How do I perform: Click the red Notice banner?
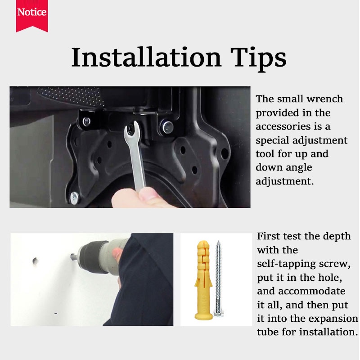[x=32, y=16]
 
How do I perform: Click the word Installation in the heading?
[x=146, y=57]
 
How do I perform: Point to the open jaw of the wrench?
[x=131, y=129]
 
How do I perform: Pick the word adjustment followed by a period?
[x=285, y=182]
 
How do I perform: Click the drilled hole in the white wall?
[x=35, y=261]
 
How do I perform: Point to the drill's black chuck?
[x=93, y=256]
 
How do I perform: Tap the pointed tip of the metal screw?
[x=219, y=242]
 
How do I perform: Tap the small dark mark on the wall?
[x=56, y=313]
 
